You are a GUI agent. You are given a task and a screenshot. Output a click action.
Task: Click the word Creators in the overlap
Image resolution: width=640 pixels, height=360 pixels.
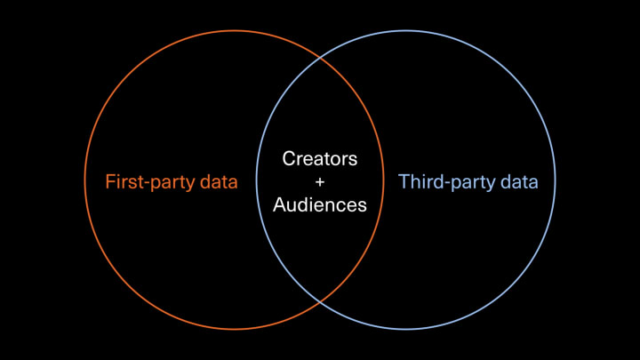tap(320, 159)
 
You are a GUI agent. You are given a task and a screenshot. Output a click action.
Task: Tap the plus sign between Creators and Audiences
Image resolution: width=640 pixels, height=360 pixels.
tap(320, 182)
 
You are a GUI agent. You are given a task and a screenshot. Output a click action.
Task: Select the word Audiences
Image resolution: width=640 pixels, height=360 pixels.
tap(320, 205)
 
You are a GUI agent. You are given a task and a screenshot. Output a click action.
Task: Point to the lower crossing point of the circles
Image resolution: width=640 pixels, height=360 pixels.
tap(320, 302)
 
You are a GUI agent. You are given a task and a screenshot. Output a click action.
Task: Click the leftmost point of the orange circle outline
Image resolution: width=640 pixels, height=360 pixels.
tap(84, 180)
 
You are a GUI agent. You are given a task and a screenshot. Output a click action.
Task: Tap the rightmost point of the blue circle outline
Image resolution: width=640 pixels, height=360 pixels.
tap(556, 180)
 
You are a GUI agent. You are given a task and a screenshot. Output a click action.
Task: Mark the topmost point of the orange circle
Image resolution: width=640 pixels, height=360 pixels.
tap(234, 31)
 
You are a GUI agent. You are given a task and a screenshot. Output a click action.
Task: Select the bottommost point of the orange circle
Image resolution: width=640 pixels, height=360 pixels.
tap(234, 330)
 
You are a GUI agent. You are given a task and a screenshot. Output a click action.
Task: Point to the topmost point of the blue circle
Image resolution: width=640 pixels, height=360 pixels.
tap(406, 31)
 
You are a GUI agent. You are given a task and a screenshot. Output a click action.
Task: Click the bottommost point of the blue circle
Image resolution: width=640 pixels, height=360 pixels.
tap(406, 330)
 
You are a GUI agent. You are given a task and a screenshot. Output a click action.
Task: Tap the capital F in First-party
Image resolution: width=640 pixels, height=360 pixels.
tap(110, 182)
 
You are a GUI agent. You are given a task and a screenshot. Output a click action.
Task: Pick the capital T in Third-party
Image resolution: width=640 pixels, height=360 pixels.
tap(404, 182)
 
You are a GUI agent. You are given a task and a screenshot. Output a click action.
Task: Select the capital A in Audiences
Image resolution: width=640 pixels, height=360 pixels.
tap(279, 205)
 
